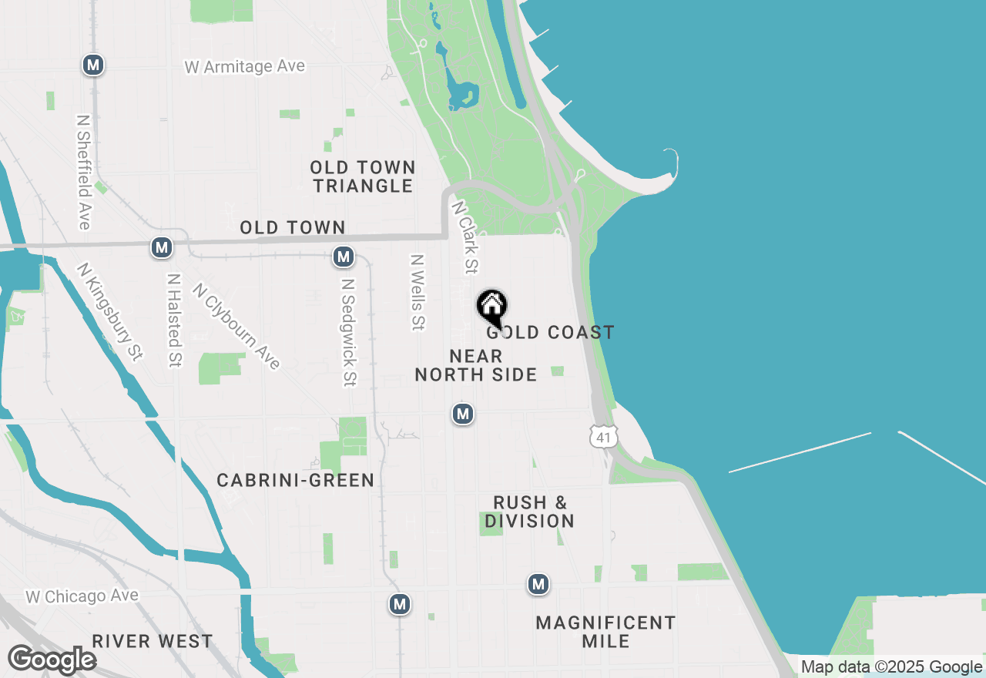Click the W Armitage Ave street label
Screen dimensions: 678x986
(x=245, y=67)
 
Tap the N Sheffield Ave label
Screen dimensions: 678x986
(x=84, y=172)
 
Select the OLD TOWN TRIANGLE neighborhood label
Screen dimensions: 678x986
(x=363, y=176)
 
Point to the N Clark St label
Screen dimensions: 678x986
(x=465, y=237)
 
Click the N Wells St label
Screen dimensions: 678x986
(x=418, y=293)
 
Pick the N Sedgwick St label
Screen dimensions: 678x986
(x=349, y=332)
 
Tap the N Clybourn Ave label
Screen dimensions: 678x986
(x=236, y=326)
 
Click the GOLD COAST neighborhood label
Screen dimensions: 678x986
(x=551, y=332)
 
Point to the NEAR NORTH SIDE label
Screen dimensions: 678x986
(x=476, y=365)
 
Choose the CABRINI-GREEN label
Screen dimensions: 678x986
(x=296, y=480)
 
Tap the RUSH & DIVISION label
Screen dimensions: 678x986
(x=530, y=512)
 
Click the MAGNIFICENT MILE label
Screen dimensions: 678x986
(x=606, y=632)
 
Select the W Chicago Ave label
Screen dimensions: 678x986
(x=82, y=596)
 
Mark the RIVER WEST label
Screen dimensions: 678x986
(x=153, y=641)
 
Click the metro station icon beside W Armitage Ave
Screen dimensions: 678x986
(x=93, y=65)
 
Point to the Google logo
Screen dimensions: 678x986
(x=52, y=660)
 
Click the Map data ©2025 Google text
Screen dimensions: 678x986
(x=891, y=667)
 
